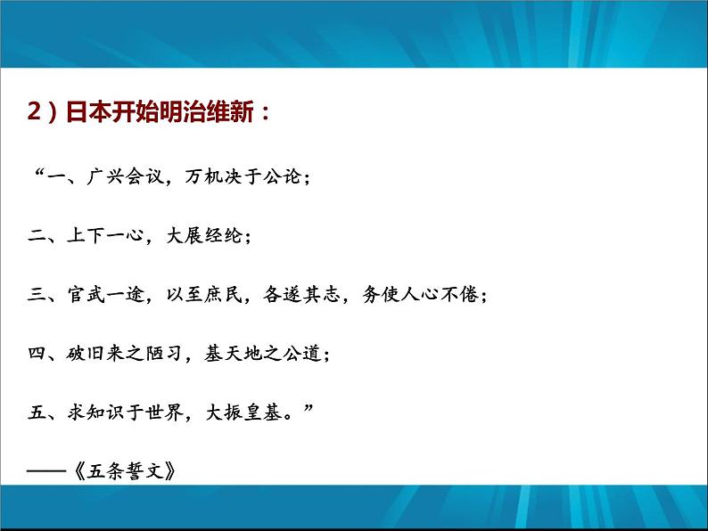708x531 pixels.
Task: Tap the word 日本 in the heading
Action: click(x=86, y=115)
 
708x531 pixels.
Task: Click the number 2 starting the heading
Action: click(x=34, y=115)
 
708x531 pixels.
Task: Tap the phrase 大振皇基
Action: click(x=242, y=413)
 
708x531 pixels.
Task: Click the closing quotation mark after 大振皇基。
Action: click(x=309, y=408)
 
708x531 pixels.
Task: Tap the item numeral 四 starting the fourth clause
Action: click(x=37, y=355)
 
